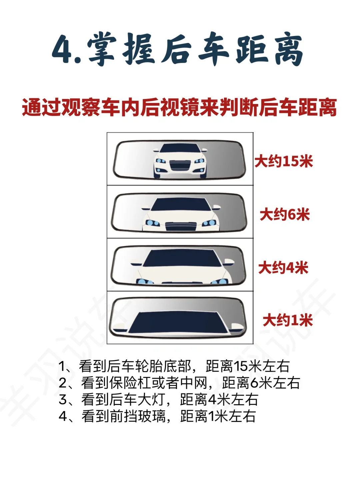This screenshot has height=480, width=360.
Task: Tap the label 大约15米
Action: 284,161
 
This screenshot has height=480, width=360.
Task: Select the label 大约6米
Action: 285,214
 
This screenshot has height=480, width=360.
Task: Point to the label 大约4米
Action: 283,267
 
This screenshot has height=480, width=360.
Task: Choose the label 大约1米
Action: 288,321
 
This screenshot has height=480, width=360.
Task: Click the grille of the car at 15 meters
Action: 180,165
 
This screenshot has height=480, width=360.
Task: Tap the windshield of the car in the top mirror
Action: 180,148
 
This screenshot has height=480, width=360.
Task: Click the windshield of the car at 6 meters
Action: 181,204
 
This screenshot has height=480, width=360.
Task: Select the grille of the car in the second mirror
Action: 181,226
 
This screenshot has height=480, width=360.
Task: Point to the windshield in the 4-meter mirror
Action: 182,258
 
